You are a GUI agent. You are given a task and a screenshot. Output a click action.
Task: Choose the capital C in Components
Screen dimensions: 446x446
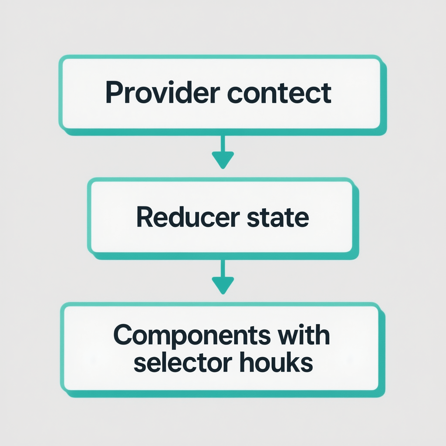pos(123,336)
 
